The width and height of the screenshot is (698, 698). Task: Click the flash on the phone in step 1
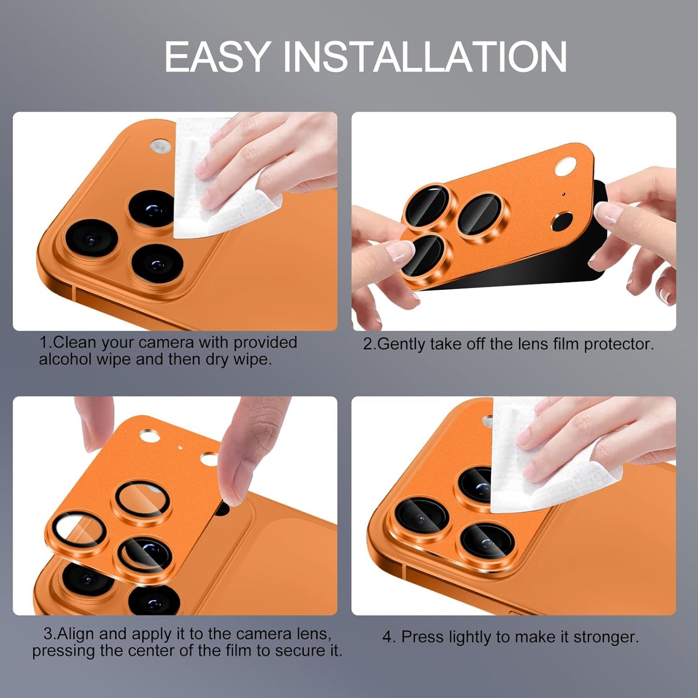click(x=160, y=146)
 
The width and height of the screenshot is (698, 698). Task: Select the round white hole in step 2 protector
click(x=563, y=169)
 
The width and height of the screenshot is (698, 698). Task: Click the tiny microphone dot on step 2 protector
click(x=563, y=195)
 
